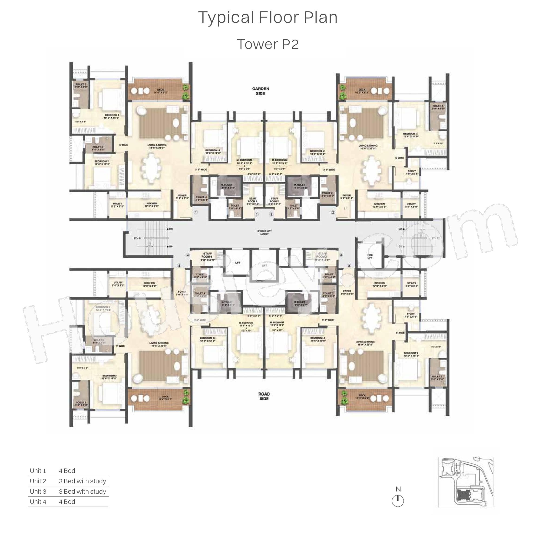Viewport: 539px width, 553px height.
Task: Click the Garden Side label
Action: (261, 91)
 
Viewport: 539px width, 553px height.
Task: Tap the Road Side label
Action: (264, 396)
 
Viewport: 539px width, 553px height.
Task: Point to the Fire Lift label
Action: (370, 256)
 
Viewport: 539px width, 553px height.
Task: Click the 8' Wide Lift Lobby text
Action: (265, 233)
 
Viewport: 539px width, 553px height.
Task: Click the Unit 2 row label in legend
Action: (38, 481)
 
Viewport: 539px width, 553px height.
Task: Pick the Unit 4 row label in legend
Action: (38, 502)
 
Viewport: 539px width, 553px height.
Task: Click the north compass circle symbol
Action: (398, 501)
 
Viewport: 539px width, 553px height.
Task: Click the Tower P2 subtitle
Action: (268, 44)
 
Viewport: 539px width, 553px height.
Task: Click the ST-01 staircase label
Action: (137, 238)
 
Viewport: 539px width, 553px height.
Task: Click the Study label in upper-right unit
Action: (412, 172)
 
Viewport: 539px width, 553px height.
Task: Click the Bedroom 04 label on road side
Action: (208, 339)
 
